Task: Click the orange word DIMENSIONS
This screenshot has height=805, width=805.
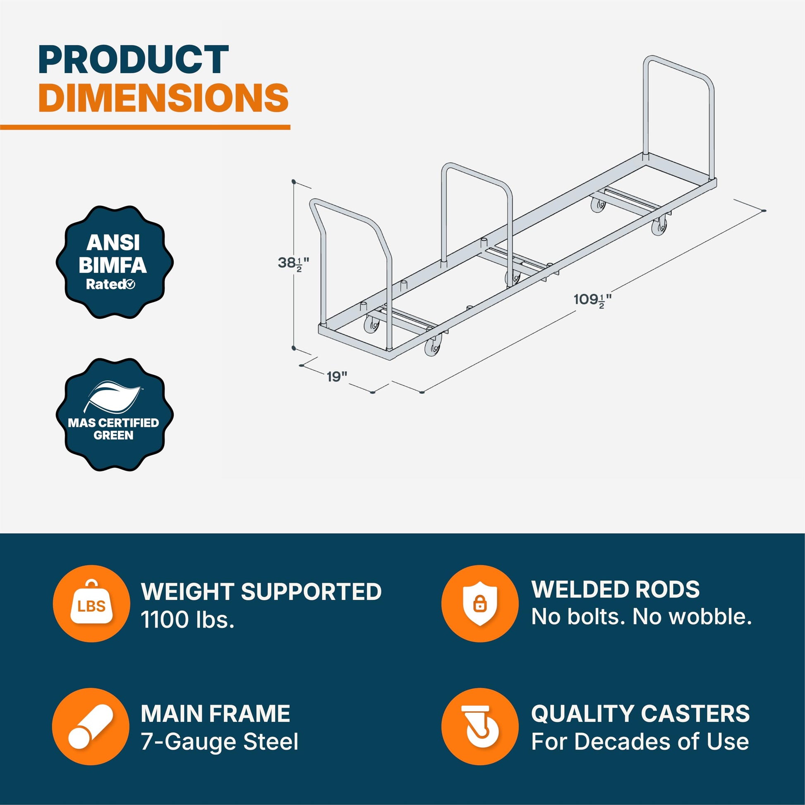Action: coord(163,98)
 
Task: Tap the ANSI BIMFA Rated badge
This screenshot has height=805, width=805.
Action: coord(115,262)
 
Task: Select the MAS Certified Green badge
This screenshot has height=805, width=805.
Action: coord(115,414)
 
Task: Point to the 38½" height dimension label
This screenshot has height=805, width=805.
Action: coord(293,264)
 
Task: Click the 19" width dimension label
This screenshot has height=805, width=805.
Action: coord(337,377)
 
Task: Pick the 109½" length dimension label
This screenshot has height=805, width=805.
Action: coord(592,299)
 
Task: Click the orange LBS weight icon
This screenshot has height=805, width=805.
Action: coord(91,603)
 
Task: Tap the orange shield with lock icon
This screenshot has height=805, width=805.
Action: coord(480,603)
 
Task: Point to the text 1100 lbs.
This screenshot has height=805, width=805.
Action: coord(187,620)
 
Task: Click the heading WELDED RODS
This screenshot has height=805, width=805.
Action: coord(616,589)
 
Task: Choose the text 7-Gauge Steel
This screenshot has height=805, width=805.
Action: coord(220,742)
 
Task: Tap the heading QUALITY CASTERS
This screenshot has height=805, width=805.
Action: coord(640,713)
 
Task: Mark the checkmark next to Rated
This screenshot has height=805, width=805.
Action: coord(130,285)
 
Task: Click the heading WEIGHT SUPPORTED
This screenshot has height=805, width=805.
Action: coord(261,591)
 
